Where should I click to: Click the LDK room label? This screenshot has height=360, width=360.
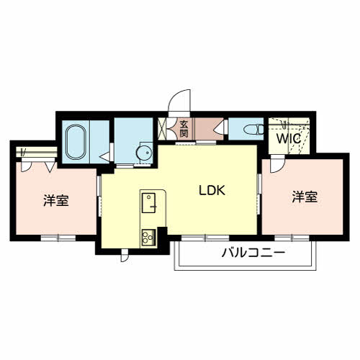point(212,190)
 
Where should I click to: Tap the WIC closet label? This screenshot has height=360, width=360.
point(289,138)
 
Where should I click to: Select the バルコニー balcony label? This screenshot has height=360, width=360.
point(253,253)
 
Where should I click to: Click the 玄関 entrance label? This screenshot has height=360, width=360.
point(184,129)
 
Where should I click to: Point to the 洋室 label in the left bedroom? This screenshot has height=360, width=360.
point(56,200)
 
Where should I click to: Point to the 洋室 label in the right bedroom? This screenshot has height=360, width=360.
point(305,197)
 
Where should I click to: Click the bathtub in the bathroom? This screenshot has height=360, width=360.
point(76,142)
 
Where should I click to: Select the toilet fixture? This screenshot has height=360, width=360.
point(253,130)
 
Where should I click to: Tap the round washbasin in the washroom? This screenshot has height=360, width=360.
point(144,152)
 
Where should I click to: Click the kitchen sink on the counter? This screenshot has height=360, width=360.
point(149,203)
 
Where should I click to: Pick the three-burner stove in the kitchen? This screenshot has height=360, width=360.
point(148,238)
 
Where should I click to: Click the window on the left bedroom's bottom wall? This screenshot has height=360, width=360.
point(58,238)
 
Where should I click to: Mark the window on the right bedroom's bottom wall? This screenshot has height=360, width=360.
point(292,238)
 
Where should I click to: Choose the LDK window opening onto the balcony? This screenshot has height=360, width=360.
point(205,238)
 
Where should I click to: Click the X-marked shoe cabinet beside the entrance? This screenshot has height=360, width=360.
point(162,129)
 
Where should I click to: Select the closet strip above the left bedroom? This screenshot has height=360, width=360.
point(37,152)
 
